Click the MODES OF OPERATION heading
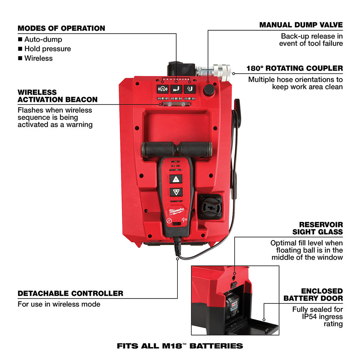(x=61, y=28)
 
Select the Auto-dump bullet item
(x=43, y=39)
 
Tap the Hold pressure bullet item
(x=47, y=49)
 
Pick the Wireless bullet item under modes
(x=38, y=58)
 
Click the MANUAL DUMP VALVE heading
(x=301, y=25)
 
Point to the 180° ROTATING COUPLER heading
(x=294, y=68)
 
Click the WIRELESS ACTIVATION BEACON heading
(x=58, y=96)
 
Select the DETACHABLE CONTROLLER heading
(x=70, y=293)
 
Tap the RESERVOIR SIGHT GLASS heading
(x=318, y=228)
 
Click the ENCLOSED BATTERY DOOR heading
(x=313, y=294)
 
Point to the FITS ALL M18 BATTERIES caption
(x=180, y=346)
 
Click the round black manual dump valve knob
(x=208, y=90)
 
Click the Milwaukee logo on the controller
(x=176, y=211)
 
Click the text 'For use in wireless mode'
(x=59, y=304)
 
